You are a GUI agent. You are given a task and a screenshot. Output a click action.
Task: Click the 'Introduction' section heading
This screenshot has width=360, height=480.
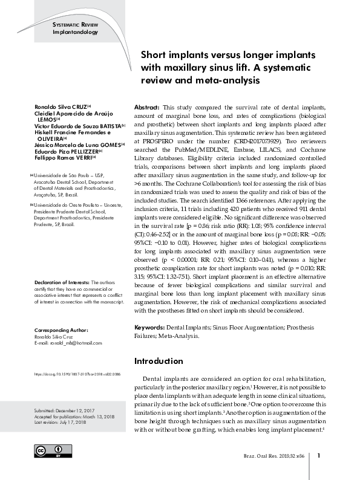tap(158, 361)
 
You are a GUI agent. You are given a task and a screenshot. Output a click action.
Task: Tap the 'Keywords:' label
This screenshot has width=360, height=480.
tap(151, 326)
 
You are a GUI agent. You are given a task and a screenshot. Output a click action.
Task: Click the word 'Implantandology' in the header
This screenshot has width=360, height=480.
tap(76, 31)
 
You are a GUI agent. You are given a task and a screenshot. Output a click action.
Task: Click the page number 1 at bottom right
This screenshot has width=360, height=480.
tap(319, 456)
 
